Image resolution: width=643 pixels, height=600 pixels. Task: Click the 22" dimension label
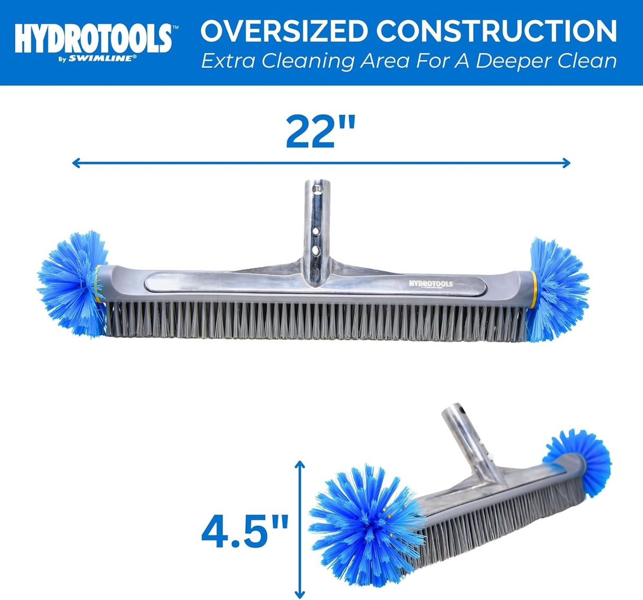coord(320,132)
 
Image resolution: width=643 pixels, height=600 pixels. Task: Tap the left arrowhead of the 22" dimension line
coord(76,162)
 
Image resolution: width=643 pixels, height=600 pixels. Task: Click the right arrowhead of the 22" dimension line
coord(567,162)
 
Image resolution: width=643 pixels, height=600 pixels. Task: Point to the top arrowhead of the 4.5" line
coord(300,464)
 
